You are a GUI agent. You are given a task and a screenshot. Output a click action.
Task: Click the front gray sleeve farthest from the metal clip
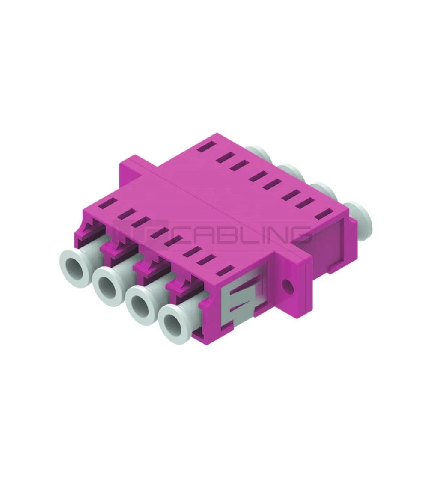(x=76, y=262)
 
